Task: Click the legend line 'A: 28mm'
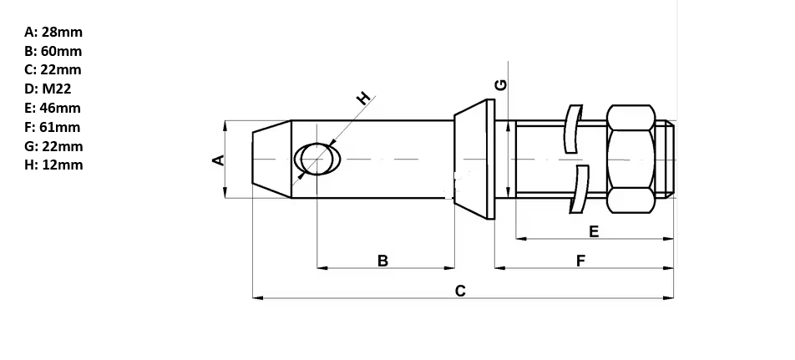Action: pos(53,33)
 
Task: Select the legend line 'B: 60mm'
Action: pos(53,51)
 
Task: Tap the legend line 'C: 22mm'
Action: pos(53,70)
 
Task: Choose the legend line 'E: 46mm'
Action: pos(53,108)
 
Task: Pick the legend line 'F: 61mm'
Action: pos(53,127)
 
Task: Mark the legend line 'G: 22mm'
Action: pos(53,146)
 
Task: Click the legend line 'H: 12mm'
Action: pos(53,165)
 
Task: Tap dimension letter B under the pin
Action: pos(382,261)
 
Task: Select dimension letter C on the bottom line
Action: pos(460,291)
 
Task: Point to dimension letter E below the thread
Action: pos(594,231)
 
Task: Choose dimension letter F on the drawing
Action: pos(580,261)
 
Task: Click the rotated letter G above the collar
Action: pos(500,85)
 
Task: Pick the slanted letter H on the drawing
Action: pos(363,98)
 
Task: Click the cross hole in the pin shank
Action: pos(317,159)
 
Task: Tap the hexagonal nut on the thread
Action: pos(630,159)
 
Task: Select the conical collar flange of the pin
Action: pos(474,159)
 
